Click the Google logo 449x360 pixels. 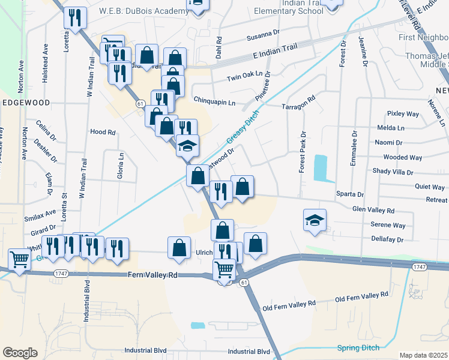(20, 353)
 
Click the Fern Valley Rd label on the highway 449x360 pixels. (153, 275)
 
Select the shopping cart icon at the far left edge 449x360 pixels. (19, 260)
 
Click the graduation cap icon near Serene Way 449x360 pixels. (315, 220)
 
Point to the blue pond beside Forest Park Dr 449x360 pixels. (321, 168)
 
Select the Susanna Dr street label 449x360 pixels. (264, 38)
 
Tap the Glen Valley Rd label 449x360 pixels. (373, 211)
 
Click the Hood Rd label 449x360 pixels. (102, 131)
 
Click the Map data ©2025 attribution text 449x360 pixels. (424, 355)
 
